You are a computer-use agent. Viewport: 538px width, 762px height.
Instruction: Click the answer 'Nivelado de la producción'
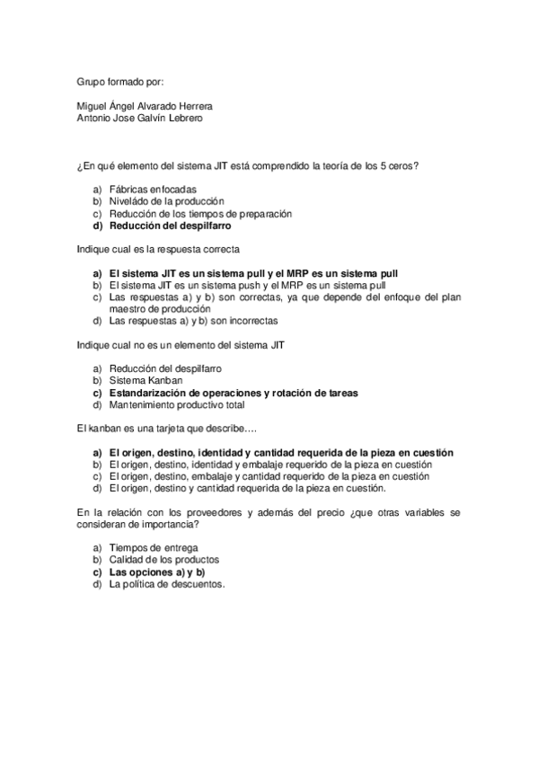click(x=166, y=201)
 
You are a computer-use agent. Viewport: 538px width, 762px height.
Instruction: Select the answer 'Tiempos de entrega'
click(x=153, y=548)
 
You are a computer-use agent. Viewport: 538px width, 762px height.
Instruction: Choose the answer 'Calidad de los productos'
click(x=164, y=560)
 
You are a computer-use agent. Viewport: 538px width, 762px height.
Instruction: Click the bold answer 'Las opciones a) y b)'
click(x=156, y=571)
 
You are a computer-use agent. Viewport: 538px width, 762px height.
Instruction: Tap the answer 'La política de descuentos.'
click(x=167, y=584)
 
